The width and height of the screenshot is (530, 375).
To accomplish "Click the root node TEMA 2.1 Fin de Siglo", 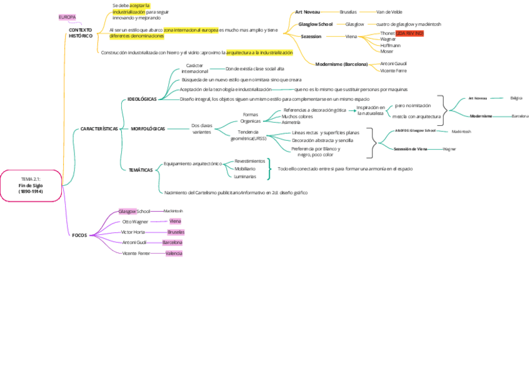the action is [31, 185].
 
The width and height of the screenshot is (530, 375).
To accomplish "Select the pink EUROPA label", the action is [67, 17].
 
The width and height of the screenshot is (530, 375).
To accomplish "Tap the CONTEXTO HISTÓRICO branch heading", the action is [81, 33].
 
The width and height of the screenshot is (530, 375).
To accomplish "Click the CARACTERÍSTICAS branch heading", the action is [99, 128].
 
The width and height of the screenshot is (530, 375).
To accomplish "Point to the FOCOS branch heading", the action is [79, 235].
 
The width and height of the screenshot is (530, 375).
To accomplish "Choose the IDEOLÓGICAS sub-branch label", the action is [142, 99].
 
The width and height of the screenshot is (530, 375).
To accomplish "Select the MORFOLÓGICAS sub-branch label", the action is [148, 128].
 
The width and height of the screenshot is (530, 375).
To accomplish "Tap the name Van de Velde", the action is [389, 12].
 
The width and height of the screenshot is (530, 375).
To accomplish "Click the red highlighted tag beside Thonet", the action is [409, 33].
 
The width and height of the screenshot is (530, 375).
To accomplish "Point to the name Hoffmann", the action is [391, 45].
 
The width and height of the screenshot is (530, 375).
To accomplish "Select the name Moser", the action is [387, 51].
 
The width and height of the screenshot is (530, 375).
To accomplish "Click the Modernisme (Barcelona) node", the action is [341, 64].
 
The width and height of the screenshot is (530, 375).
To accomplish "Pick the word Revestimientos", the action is [249, 161].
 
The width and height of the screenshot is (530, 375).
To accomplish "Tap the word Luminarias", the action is [245, 177].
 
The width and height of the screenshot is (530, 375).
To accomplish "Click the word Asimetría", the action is [291, 122].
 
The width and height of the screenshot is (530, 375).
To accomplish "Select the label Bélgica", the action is [516, 98].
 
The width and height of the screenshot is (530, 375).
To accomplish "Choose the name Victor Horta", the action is [133, 232].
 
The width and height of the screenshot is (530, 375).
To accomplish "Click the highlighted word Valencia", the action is [174, 253].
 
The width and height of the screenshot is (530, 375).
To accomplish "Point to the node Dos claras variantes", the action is [202, 129].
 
